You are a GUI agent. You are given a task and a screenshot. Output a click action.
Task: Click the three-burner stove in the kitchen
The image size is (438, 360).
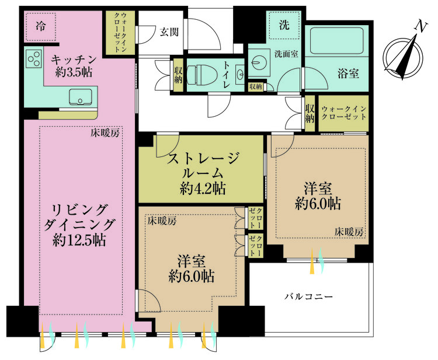click(x=34, y=59)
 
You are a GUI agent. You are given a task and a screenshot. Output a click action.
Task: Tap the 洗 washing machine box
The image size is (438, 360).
click(x=284, y=25)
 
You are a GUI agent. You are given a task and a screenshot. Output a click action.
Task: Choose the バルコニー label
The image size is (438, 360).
click(x=309, y=297)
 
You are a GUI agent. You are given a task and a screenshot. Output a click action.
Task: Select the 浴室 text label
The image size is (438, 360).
click(x=348, y=75)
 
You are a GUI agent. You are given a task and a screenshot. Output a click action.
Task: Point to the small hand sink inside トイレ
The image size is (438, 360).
click(x=240, y=75)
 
